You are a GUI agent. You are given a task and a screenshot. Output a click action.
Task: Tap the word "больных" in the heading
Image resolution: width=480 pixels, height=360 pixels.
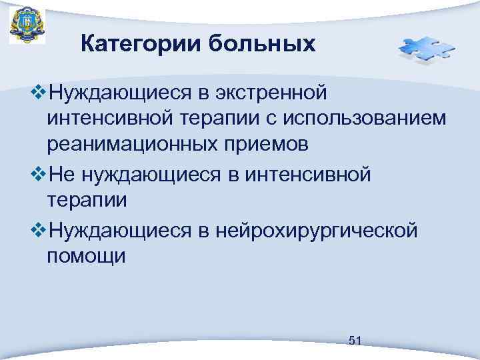click(x=262, y=44)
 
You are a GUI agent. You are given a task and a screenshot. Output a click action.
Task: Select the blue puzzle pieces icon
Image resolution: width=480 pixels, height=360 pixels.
click(x=426, y=49)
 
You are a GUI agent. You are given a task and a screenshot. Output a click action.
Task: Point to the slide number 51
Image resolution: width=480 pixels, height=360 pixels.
click(x=355, y=341)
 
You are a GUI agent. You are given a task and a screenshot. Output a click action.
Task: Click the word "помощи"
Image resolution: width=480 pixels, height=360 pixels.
click(x=86, y=257)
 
